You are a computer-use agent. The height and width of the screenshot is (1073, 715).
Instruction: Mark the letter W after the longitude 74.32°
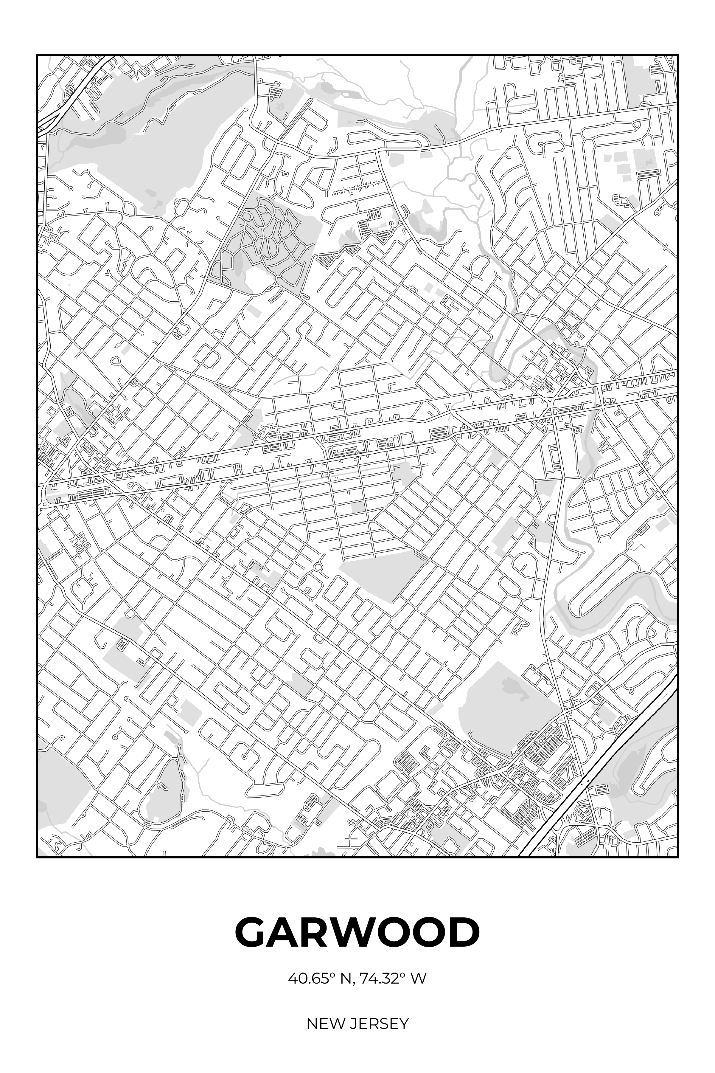[419, 979]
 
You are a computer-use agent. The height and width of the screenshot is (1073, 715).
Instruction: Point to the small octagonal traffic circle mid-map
[318, 567]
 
